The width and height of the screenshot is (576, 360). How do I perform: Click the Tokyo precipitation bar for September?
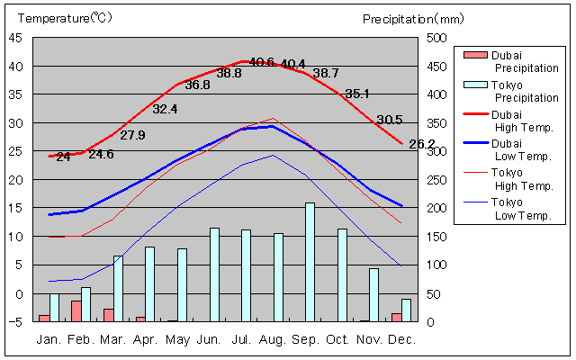point(310,262)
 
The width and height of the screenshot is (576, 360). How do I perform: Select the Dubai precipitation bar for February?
point(76,310)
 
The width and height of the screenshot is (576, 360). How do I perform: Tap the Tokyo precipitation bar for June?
point(214,274)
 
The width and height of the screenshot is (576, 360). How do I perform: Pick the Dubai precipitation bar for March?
point(109,315)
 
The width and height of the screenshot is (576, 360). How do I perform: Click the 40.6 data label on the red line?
point(262,62)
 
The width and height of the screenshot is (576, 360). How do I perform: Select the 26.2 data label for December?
point(422,144)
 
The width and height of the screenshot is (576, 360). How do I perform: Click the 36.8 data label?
point(197,85)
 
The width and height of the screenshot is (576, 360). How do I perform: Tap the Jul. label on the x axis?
point(240,339)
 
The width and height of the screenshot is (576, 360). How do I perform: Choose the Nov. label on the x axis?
point(369,339)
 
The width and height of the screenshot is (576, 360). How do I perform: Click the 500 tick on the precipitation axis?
point(436,38)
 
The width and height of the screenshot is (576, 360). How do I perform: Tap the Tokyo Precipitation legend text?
point(526,91)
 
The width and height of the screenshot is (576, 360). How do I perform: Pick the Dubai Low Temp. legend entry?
point(526,149)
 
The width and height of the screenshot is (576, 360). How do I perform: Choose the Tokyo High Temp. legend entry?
point(526,179)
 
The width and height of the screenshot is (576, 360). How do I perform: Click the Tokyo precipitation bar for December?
point(406,310)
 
